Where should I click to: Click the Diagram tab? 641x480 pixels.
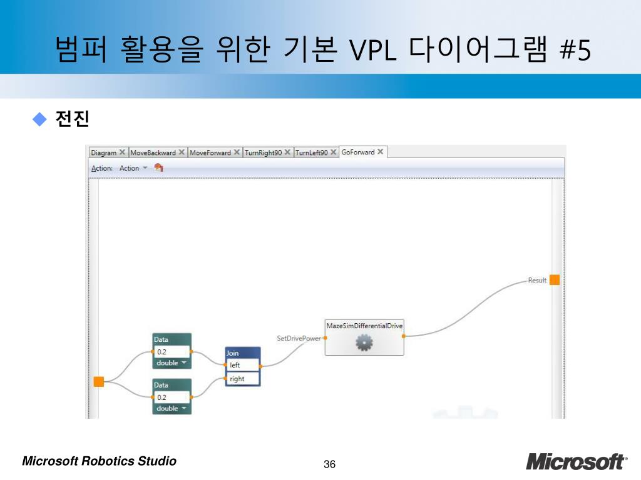coord(103,152)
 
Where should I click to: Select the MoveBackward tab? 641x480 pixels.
coord(153,152)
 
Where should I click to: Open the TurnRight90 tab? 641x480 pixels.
coord(264,152)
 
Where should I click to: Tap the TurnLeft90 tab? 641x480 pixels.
coord(311,152)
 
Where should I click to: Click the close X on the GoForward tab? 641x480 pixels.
coord(380,152)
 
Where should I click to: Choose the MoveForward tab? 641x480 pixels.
coord(210,152)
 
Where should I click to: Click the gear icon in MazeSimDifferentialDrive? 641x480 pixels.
coord(364,342)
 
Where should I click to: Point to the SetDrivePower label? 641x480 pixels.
coord(299,338)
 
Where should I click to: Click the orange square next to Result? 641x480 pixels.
coord(555,280)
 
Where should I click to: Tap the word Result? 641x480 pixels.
coord(537,281)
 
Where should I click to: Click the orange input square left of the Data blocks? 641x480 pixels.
coord(99,381)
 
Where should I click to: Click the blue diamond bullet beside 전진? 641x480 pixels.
coord(40,118)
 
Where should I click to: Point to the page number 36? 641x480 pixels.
coord(330,464)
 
